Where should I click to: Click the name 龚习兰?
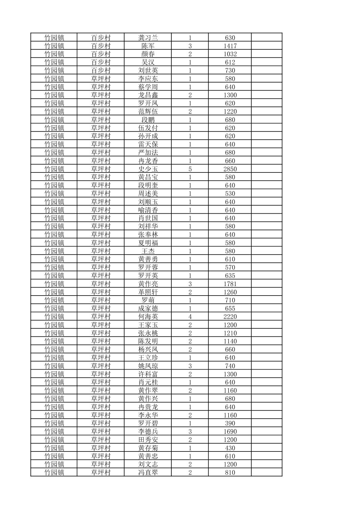pyautogui.click(x=148, y=38)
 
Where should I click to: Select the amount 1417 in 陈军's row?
pyautogui.click(x=230, y=46)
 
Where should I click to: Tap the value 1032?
pyautogui.click(x=230, y=54)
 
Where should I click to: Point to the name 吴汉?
pyautogui.click(x=148, y=62)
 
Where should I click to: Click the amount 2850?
pyautogui.click(x=230, y=169)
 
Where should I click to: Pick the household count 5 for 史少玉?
pyautogui.click(x=190, y=169)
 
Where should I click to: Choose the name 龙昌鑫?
pyautogui.click(x=148, y=95)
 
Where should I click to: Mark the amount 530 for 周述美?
pyautogui.click(x=230, y=194)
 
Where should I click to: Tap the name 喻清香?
pyautogui.click(x=148, y=210)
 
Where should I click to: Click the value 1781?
pyautogui.click(x=230, y=284)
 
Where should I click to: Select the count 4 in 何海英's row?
pyautogui.click(x=190, y=317)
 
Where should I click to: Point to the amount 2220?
pyautogui.click(x=230, y=317)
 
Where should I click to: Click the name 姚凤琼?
pyautogui.click(x=148, y=366)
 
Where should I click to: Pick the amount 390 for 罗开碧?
pyautogui.click(x=230, y=423)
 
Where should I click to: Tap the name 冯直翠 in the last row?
pyautogui.click(x=148, y=473)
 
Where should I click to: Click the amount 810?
pyautogui.click(x=230, y=473)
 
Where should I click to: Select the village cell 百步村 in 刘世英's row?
pyautogui.click(x=101, y=70)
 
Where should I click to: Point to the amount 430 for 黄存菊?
pyautogui.click(x=230, y=448)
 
